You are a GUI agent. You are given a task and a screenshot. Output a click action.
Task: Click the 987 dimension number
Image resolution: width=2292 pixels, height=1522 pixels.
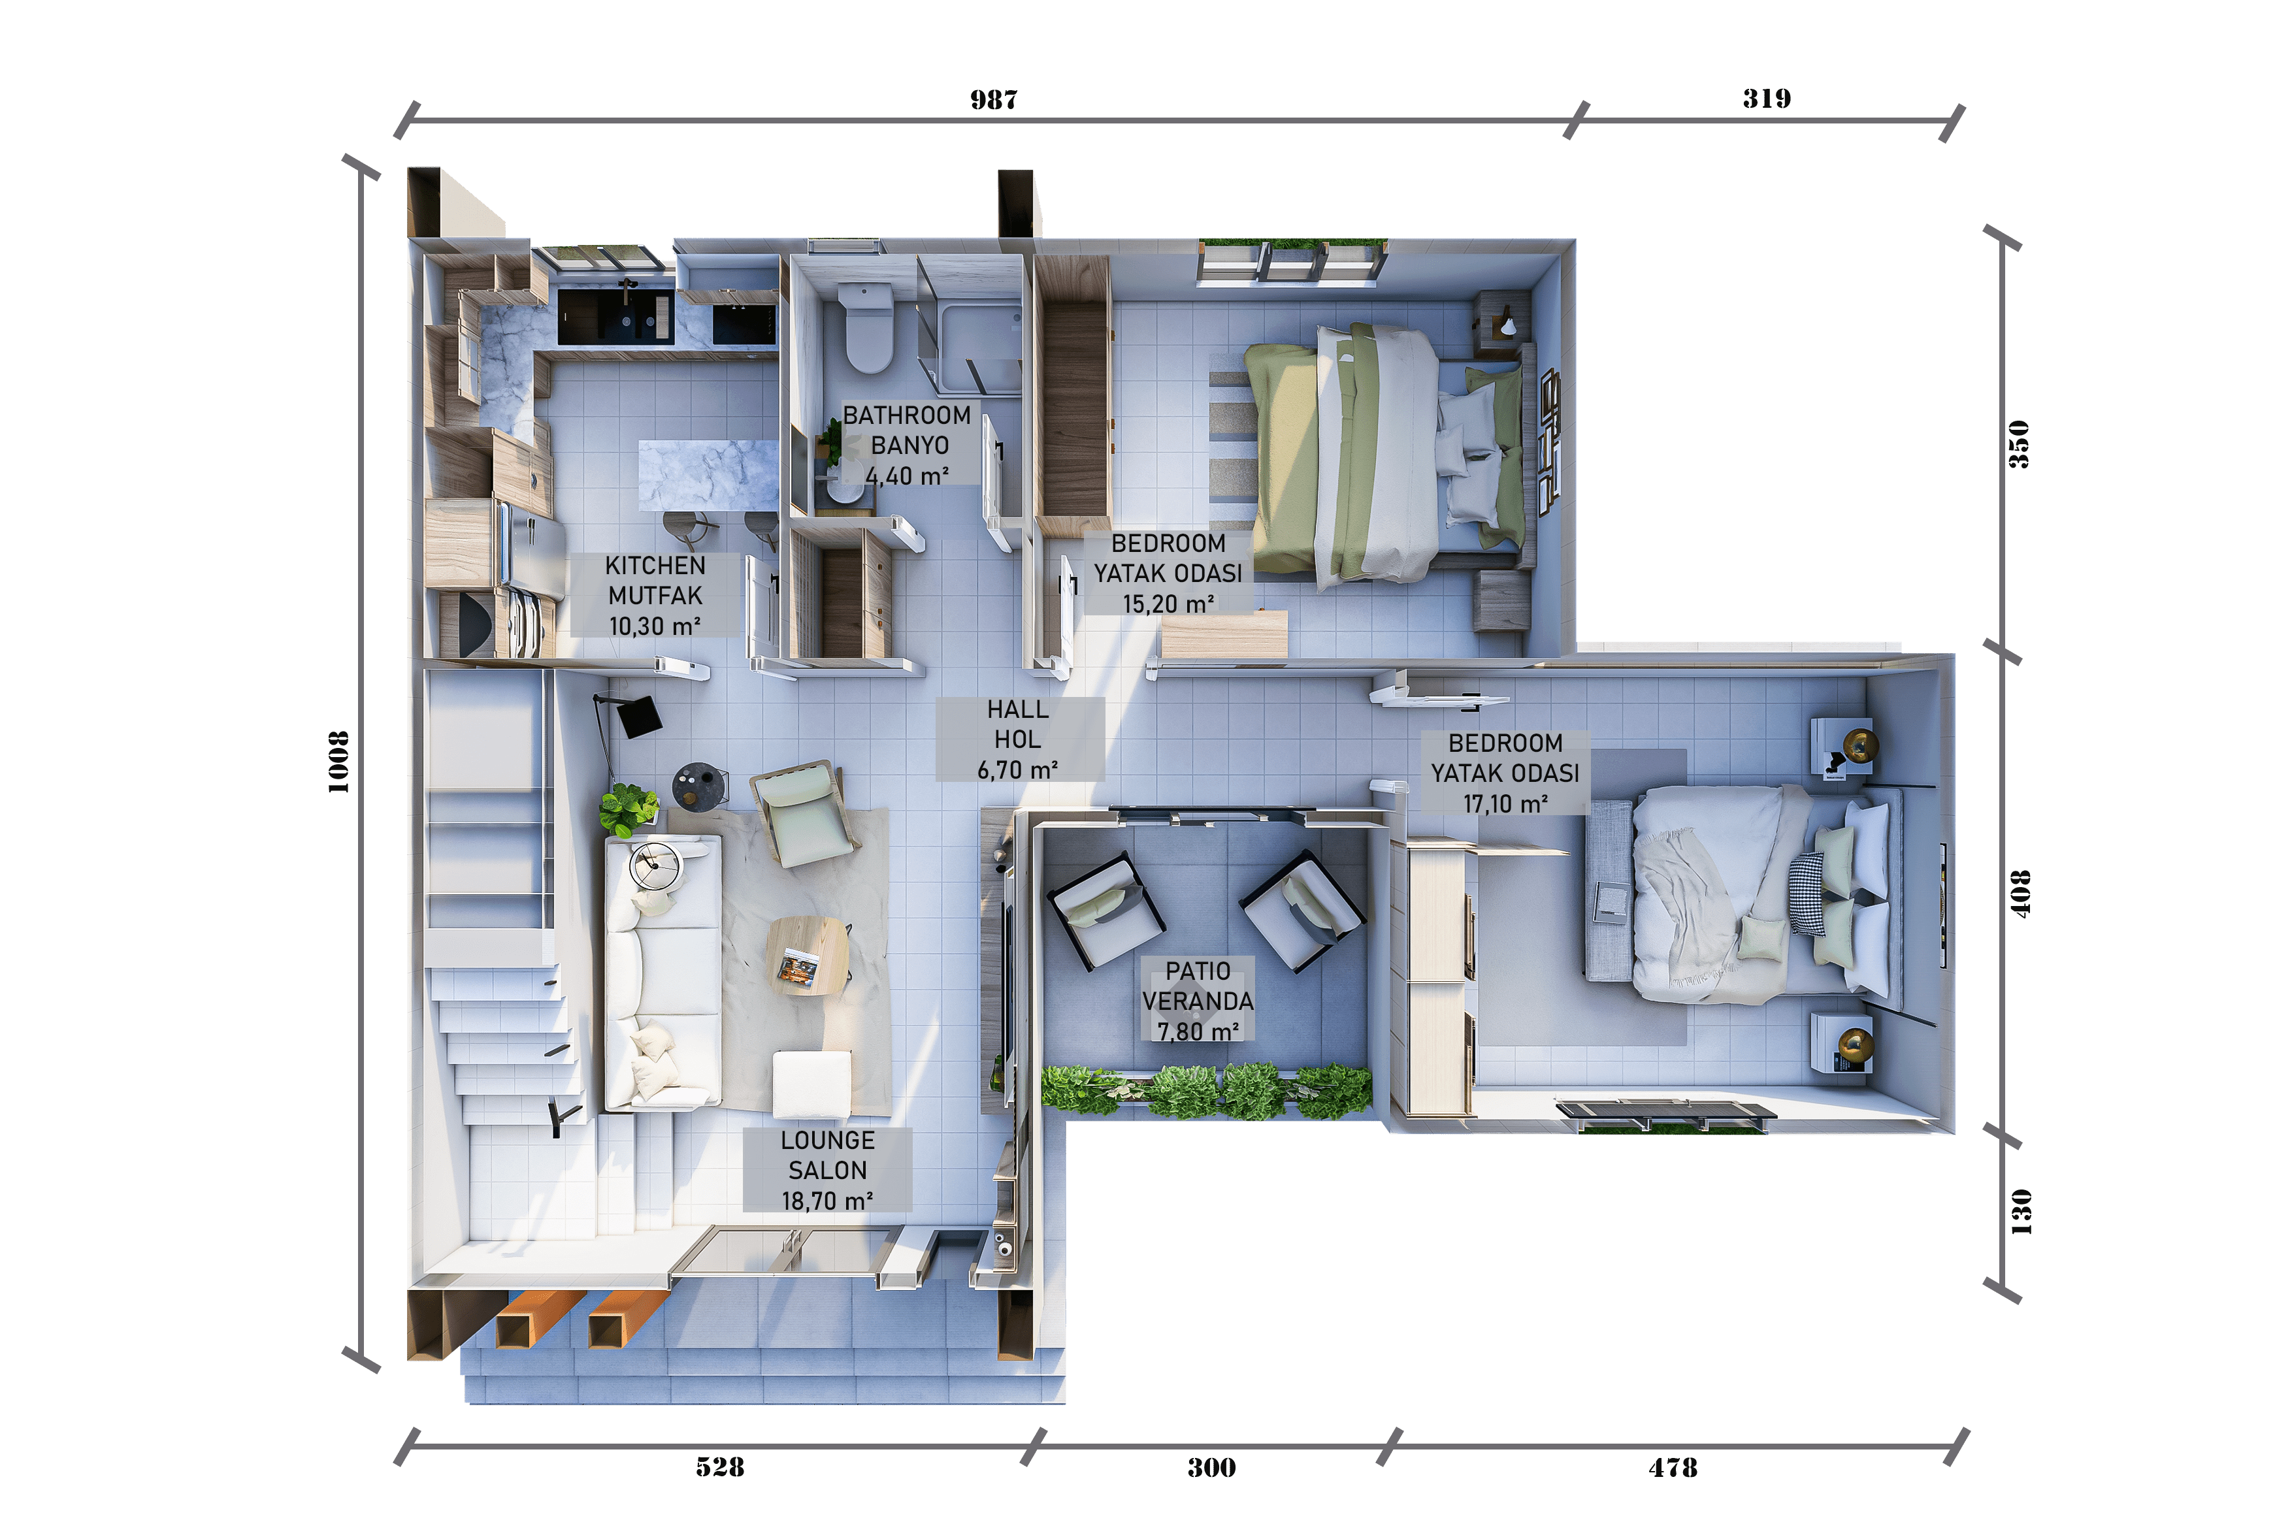(993, 100)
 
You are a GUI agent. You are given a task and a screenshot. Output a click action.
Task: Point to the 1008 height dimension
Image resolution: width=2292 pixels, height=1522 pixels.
(338, 762)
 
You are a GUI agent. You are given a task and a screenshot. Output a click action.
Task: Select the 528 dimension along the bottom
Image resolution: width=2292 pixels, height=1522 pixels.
(719, 1466)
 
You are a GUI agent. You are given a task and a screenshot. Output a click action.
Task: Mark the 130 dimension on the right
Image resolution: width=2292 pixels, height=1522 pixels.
(2020, 1211)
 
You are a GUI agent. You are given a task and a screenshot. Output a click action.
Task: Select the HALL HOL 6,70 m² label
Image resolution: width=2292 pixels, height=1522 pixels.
(1019, 739)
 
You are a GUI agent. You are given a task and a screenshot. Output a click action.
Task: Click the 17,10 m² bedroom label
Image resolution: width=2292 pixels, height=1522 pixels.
(1505, 803)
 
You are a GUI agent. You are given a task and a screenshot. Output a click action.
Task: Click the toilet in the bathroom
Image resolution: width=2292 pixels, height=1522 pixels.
(867, 327)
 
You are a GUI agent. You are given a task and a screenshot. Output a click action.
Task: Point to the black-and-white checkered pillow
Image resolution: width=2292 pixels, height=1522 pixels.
(1808, 892)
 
